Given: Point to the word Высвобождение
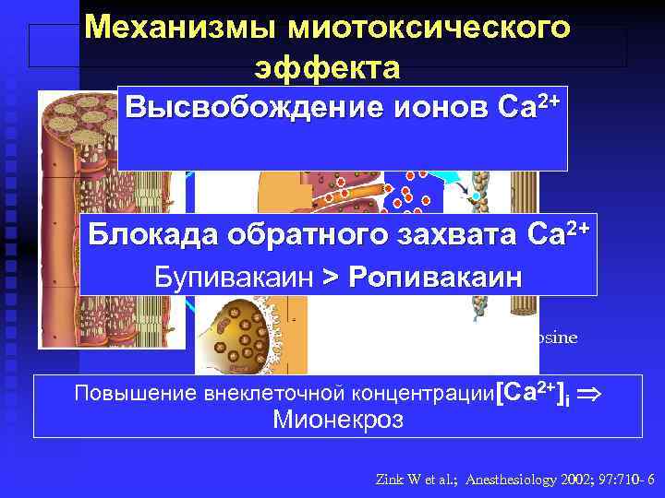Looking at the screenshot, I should tap(242, 108).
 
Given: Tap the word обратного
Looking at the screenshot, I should tap(304, 237).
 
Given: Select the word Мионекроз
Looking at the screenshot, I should tap(337, 421).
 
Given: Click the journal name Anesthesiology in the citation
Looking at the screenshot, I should tap(513, 480).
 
